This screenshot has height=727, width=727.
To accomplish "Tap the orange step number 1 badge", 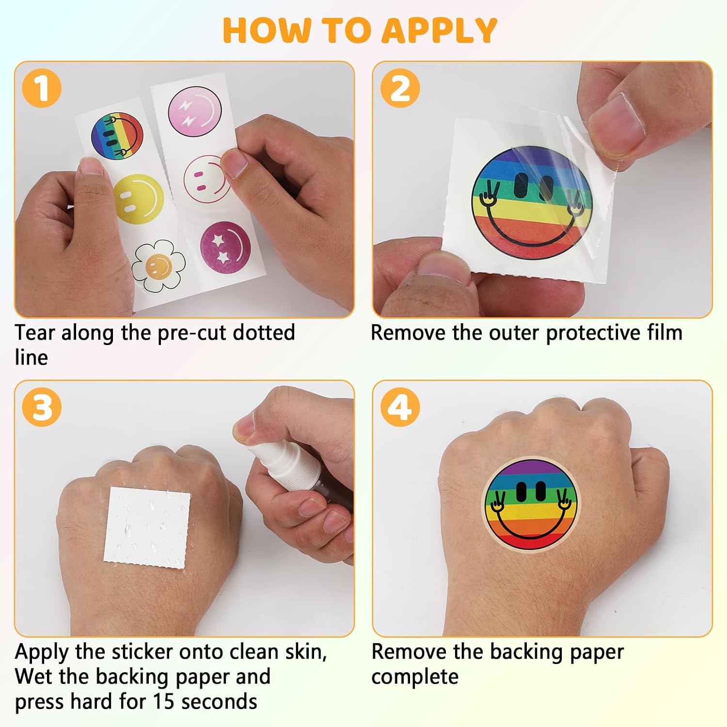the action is [x=42, y=88].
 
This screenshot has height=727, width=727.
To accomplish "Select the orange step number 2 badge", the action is [x=400, y=88].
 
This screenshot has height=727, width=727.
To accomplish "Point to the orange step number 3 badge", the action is [x=42, y=407].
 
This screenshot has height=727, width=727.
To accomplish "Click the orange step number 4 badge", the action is [x=400, y=407].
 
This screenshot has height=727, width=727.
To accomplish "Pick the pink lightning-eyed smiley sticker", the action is [x=195, y=112].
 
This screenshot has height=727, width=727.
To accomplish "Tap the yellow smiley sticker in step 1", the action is [x=138, y=199].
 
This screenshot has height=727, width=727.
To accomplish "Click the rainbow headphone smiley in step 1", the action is [x=117, y=136].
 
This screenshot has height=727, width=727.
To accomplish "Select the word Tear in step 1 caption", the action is [x=34, y=332].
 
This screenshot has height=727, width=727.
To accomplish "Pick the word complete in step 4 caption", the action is [x=415, y=677].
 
